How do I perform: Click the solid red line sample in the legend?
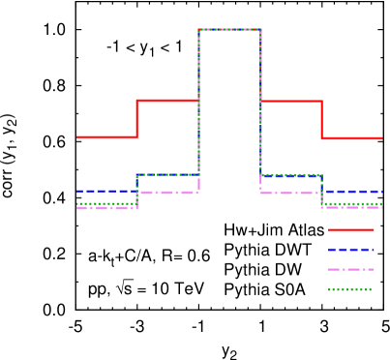tap(350, 229)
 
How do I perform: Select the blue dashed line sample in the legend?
tap(350, 250)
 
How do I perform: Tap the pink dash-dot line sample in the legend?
tap(350, 269)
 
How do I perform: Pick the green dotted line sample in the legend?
tap(350, 289)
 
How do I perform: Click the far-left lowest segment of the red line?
tap(106, 137)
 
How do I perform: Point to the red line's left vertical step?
tap(136, 118)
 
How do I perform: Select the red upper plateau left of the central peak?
tap(167, 100)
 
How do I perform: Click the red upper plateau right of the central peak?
tap(291, 101)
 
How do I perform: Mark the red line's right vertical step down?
tap(321, 119)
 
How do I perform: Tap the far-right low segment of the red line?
tap(352, 138)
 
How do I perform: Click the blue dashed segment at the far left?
tap(106, 191)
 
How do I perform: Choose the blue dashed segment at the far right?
tap(354, 191)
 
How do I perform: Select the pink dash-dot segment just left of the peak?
tap(168, 193)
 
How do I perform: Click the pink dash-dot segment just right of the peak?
tap(290, 193)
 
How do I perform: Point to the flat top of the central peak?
tap(229, 29)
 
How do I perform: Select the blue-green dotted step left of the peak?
tap(167, 175)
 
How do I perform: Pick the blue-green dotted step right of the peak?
tap(291, 175)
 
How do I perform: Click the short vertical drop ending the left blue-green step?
tap(136, 190)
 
